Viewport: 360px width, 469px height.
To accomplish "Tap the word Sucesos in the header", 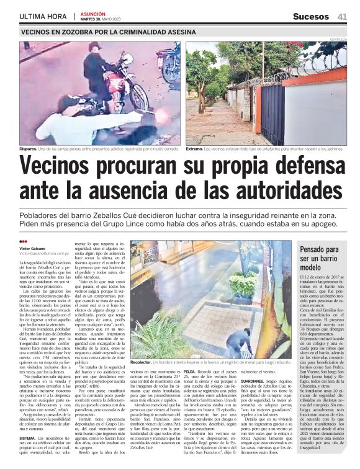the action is [x=312, y=16].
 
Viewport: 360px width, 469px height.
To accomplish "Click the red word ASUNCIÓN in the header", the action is [x=93, y=13].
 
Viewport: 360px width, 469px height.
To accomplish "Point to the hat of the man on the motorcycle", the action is [x=94, y=47].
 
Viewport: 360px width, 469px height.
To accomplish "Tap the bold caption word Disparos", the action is [x=28, y=149].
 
